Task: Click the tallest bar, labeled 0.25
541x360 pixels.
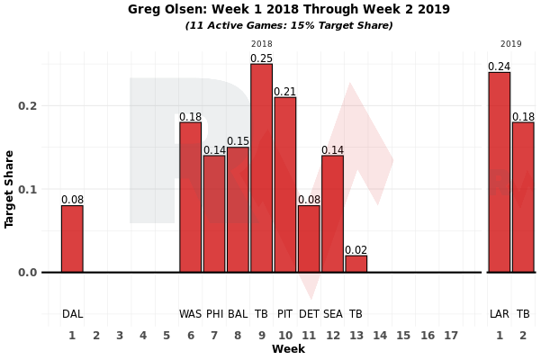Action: click(261, 168)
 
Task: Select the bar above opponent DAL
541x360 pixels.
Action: click(72, 238)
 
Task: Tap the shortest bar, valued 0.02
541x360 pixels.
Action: click(356, 264)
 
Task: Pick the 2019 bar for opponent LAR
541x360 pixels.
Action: click(499, 172)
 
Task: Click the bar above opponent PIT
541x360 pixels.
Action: click(284, 184)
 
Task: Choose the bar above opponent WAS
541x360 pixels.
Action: click(190, 197)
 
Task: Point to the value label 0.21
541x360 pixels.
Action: click(284, 92)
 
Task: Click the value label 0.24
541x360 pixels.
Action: click(499, 67)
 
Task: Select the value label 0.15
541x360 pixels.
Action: click(238, 141)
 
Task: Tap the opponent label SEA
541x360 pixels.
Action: click(332, 314)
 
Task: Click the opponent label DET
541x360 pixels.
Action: click(309, 314)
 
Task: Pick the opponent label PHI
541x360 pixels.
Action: click(214, 314)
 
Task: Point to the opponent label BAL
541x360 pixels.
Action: click(238, 314)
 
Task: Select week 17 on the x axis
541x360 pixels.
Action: click(451, 335)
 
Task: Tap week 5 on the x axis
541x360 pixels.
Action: click(167, 335)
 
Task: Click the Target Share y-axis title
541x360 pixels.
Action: click(10, 189)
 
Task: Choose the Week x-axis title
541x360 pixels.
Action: click(288, 349)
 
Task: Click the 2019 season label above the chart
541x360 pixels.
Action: click(510, 43)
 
